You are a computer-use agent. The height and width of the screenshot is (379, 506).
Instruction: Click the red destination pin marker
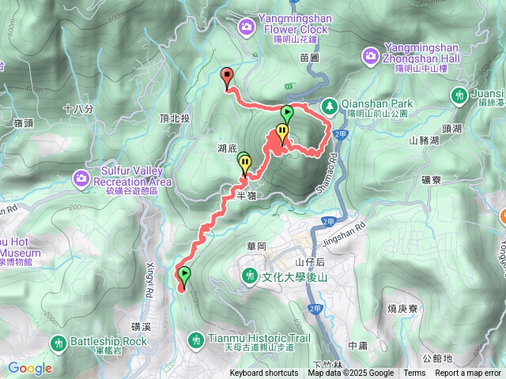(x=228, y=77)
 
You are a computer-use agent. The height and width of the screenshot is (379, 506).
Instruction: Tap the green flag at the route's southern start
(x=185, y=276)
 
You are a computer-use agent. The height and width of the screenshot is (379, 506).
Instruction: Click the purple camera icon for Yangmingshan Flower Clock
(x=247, y=27)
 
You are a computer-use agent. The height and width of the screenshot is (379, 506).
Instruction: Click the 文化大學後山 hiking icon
(x=250, y=276)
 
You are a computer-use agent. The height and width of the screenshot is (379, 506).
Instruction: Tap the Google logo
(x=30, y=367)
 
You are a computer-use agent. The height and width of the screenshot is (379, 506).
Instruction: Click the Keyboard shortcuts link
(x=264, y=373)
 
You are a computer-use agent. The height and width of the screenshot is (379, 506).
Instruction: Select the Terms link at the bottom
(x=414, y=373)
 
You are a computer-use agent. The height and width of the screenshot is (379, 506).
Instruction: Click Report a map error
(x=468, y=373)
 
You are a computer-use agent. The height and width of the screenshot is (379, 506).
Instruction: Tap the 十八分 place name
(x=77, y=109)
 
